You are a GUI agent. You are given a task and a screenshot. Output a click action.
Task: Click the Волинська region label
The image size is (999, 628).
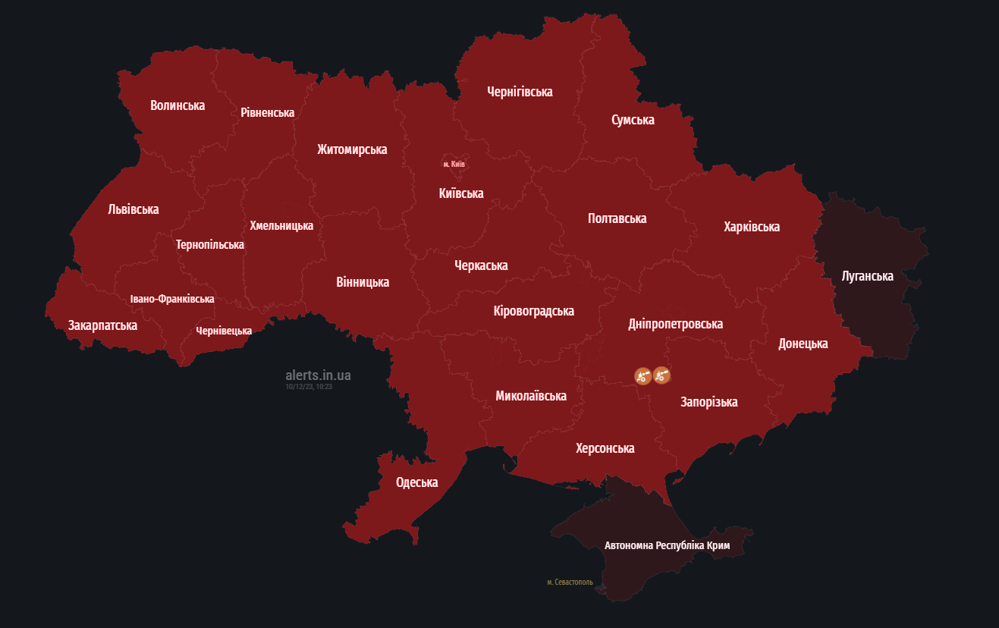[x=177, y=105]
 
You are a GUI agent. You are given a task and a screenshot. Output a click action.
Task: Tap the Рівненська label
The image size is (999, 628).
[x=267, y=112]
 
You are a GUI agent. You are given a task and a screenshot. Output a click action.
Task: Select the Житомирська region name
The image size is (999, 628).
[x=352, y=149]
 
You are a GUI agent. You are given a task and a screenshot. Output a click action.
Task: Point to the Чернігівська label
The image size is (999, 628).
[x=520, y=92]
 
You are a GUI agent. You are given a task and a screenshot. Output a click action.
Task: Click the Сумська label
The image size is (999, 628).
[x=633, y=120]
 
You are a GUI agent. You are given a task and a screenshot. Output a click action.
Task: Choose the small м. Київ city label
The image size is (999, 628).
[x=454, y=164]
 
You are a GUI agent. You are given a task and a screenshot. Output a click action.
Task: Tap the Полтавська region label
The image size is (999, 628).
[x=617, y=218]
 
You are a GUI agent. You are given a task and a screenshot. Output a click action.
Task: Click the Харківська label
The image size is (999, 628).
[x=751, y=227]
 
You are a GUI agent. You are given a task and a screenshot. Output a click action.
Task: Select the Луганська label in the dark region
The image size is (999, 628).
[x=867, y=276]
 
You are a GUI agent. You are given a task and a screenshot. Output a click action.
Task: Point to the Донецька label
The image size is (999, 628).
[x=803, y=344]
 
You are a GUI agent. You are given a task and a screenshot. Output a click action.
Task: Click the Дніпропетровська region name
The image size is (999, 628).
[x=675, y=324]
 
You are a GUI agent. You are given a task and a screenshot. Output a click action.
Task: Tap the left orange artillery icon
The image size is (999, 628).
[x=642, y=375]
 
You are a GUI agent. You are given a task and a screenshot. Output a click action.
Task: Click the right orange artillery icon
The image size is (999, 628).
[x=661, y=375]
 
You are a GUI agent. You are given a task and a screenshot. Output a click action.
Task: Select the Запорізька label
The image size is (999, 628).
[x=708, y=402]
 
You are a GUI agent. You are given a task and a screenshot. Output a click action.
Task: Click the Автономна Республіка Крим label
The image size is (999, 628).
[x=667, y=545]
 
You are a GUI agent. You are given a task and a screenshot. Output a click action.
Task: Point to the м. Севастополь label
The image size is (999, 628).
[x=570, y=582]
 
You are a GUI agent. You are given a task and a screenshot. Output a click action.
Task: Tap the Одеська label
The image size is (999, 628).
[x=416, y=482]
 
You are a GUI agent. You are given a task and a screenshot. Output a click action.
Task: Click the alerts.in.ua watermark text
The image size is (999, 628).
[x=318, y=375]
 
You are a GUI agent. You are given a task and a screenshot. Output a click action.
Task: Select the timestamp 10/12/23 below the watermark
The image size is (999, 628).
[x=309, y=387]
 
